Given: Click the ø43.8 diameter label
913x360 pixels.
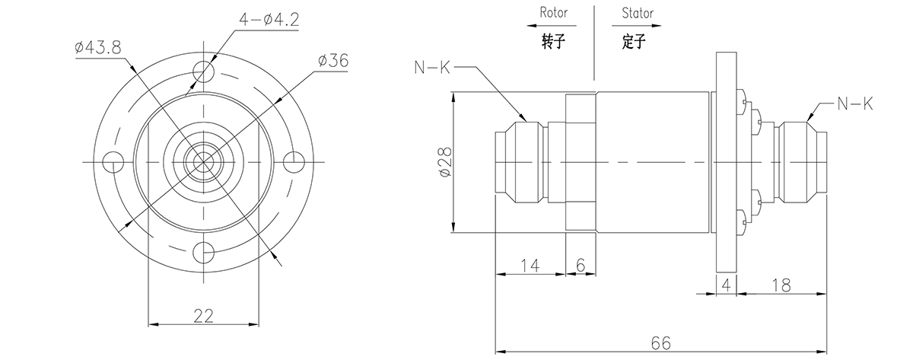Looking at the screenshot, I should coord(98,47).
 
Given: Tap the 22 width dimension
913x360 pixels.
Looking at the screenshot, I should coord(202,314).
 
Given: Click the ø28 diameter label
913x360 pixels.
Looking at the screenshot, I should coord(445,161).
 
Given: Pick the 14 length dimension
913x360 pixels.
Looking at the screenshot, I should coord(530,265).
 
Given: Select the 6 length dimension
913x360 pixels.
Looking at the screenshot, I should coord(581,265).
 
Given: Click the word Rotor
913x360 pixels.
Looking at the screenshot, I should coord(554,13).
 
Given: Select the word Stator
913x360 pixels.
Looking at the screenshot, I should coord(637,13).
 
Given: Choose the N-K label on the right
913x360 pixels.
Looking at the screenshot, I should coord(854,103).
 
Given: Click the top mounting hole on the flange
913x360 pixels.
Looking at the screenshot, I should coord(203,72).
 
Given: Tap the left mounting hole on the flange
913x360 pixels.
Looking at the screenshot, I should coord(114,161).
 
